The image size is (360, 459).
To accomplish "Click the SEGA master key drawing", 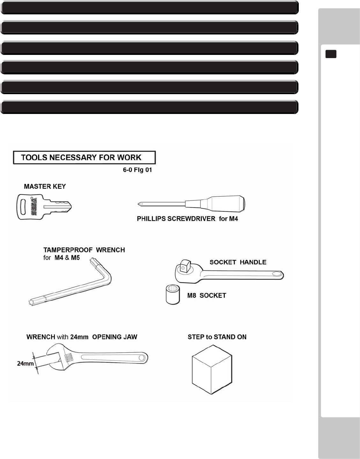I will point(43,207).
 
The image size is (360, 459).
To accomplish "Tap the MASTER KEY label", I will point(45,186).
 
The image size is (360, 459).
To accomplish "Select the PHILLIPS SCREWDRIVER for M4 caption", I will point(187,219).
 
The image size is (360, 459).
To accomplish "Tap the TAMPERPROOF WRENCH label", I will point(84,250).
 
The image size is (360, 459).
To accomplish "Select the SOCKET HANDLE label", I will point(238,262).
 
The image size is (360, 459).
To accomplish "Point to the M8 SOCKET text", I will point(207,296).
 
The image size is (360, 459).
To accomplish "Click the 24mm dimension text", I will point(25,364).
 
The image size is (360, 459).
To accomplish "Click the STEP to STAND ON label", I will point(217,337).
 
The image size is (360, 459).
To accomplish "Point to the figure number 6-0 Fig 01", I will point(137,170).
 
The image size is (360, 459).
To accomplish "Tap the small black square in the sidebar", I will point(331,54).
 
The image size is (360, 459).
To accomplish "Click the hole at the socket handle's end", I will point(277,274).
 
